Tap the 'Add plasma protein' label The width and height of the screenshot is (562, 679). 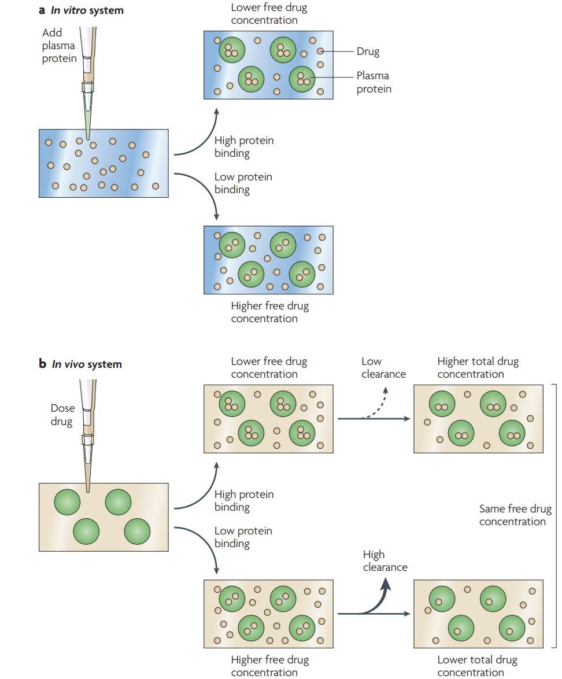coord(59,46)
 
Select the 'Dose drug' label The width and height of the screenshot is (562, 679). coord(62,415)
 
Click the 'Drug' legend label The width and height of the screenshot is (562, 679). coord(368,51)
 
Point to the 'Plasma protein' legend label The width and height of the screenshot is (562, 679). coord(374,82)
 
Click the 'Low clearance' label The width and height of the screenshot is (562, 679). coord(383,368)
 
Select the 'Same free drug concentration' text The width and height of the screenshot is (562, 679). coord(515,515)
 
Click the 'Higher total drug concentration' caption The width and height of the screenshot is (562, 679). coord(478,368)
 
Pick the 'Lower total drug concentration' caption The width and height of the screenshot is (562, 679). coord(477,666)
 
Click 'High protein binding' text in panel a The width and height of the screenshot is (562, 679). coord(243,147)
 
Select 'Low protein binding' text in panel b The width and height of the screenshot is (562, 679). coord(243,537)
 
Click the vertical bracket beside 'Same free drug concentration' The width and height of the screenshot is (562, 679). coord(556,515)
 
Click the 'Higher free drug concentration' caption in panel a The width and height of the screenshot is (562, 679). coord(269,312)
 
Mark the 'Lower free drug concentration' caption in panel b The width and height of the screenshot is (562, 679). coord(269,368)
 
